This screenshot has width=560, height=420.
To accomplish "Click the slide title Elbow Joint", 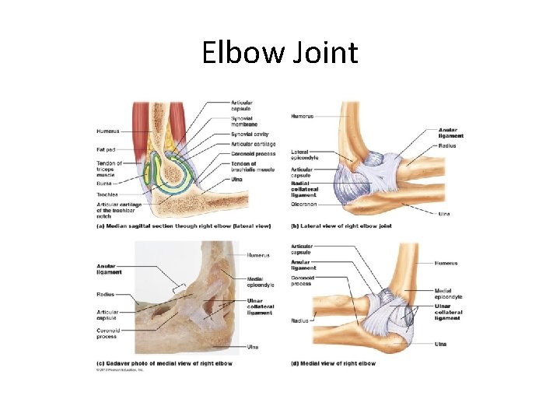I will click(280, 53).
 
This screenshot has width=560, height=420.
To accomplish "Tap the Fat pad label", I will click(107, 149).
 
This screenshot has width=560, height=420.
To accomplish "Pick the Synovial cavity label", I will click(250, 135).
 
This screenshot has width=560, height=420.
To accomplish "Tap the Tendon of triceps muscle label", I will click(110, 169).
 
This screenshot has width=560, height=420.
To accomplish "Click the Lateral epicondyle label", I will click(305, 155).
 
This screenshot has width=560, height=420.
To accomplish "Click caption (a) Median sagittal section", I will click(184, 226).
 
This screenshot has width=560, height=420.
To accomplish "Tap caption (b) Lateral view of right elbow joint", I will click(341, 226).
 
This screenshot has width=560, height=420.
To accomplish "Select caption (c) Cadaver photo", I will click(165, 363).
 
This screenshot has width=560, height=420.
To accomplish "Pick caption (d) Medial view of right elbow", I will click(333, 363).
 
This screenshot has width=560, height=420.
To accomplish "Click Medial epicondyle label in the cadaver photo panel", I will click(261, 282).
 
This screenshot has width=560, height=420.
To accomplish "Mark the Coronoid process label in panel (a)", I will click(252, 153).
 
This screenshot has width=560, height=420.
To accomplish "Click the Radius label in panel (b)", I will click(446, 145).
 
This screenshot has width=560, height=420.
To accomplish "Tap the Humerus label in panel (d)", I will click(446, 263).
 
